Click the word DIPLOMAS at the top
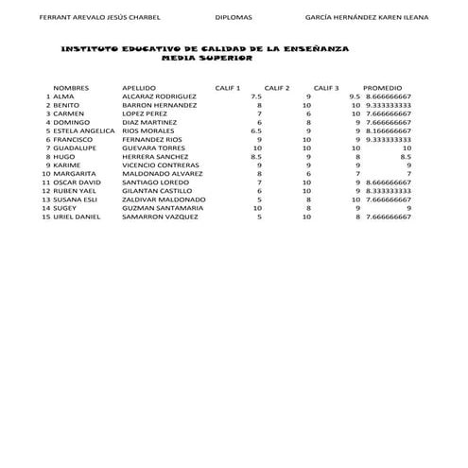(234, 17)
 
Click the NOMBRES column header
(71, 87)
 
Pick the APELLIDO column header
(139, 87)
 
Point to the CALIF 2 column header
(276, 87)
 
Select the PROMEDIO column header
(383, 87)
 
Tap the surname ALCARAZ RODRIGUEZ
(159, 96)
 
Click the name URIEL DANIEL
(77, 217)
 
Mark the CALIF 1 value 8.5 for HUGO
(255, 156)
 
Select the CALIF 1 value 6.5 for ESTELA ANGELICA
(255, 130)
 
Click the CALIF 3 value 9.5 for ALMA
(355, 96)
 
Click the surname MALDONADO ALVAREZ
(163, 174)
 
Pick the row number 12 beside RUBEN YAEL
(44, 191)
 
